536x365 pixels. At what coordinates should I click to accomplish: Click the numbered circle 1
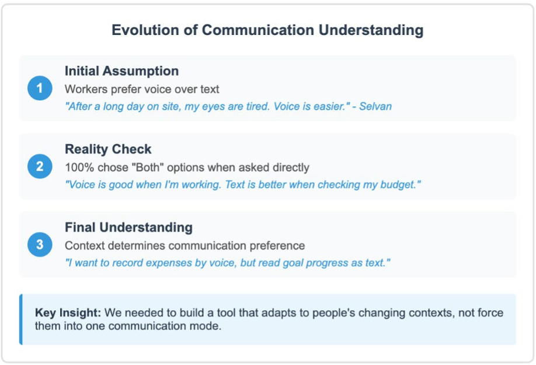click(40, 88)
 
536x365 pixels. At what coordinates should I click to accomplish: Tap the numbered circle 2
click(40, 166)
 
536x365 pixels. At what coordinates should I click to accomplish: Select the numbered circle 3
click(40, 244)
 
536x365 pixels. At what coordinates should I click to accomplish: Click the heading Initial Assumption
click(121, 71)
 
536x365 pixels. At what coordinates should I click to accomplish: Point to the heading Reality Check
click(108, 149)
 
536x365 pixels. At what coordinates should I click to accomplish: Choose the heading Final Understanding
click(128, 227)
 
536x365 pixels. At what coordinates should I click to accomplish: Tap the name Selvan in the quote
click(375, 106)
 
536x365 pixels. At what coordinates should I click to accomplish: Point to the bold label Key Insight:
click(68, 313)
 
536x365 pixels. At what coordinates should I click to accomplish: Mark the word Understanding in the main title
click(371, 30)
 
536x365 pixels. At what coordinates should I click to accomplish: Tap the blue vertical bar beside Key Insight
click(21, 320)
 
